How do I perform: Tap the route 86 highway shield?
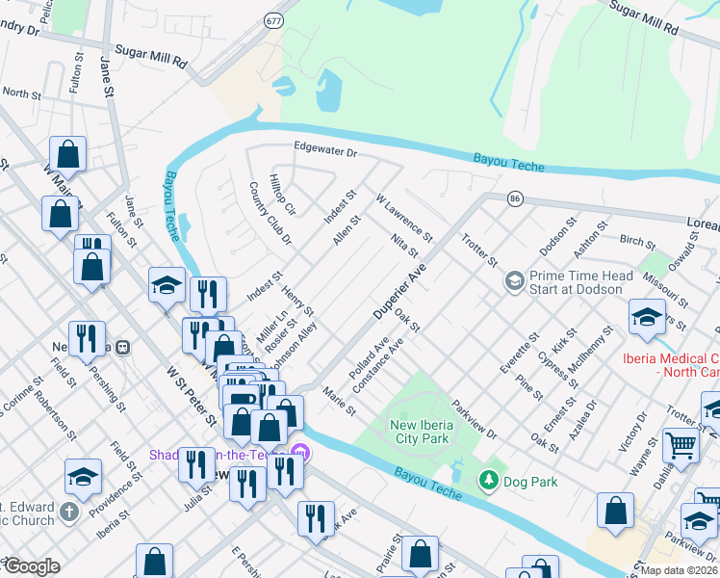[516, 198]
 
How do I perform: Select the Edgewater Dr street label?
[325, 152]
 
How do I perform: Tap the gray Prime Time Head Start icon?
[514, 281]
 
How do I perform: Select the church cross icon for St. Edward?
[69, 512]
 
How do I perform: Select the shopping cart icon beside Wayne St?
[681, 445]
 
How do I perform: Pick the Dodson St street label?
[557, 236]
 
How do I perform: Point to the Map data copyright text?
[679, 570]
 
